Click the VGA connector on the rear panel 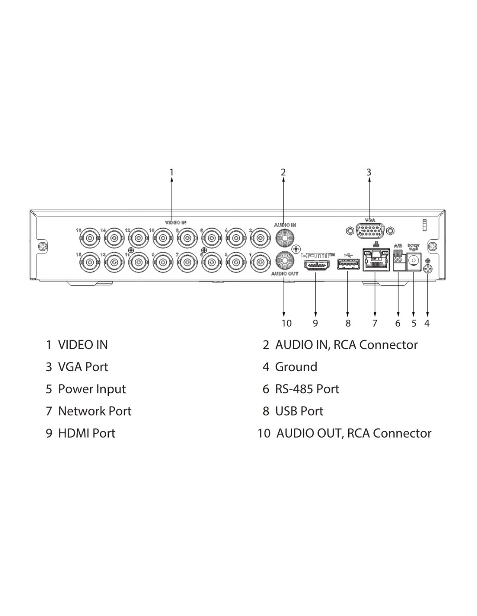(370, 231)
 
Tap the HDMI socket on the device (316, 266)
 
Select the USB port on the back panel (348, 264)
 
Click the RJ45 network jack (376, 261)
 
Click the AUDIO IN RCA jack (284, 237)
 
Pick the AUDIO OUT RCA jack (284, 261)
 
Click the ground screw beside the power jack (428, 269)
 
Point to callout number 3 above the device (369, 172)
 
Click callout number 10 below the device (287, 323)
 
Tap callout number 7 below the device (375, 323)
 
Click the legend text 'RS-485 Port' (307, 389)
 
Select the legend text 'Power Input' (92, 389)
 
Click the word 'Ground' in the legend (296, 367)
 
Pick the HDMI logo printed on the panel (317, 255)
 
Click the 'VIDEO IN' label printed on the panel (176, 222)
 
